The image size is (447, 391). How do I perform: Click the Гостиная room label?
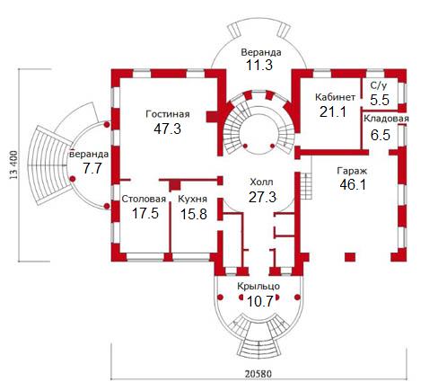click(168, 114)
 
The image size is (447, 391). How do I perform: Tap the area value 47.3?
click(168, 129)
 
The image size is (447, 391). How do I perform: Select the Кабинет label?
click(336, 97)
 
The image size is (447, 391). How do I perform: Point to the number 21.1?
click(333, 111)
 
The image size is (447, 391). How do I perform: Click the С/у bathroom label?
click(379, 85)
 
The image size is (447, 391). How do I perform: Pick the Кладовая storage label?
click(386, 119)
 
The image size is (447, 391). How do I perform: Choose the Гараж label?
click(352, 171)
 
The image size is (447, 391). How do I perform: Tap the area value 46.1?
click(353, 184)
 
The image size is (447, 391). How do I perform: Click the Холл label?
click(261, 182)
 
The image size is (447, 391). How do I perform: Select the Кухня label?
click(192, 199)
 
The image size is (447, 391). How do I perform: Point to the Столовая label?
click(144, 199)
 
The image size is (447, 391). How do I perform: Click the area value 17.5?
click(145, 213)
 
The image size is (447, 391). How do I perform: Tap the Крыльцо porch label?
click(259, 287)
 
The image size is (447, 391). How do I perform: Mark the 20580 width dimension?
click(259, 374)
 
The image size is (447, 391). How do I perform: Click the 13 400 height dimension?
click(14, 165)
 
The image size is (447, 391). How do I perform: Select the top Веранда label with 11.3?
click(261, 52)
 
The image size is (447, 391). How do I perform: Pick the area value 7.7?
click(92, 168)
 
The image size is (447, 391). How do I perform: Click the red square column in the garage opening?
click(350, 257)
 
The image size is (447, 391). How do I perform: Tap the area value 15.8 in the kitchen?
click(194, 214)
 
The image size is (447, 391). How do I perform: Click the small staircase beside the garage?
click(306, 186)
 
